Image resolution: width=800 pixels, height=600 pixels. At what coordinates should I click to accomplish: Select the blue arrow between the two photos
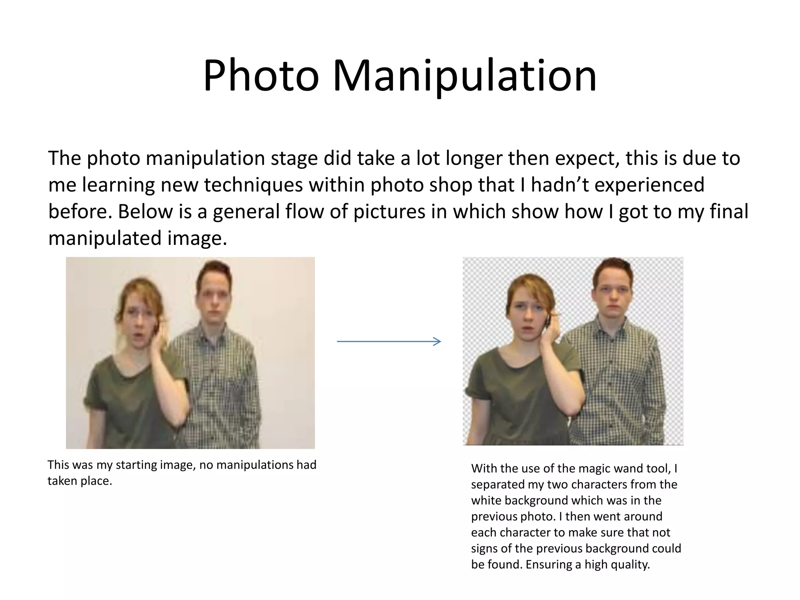coord(389,341)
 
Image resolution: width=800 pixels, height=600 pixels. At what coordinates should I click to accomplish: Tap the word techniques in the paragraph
coord(253,185)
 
